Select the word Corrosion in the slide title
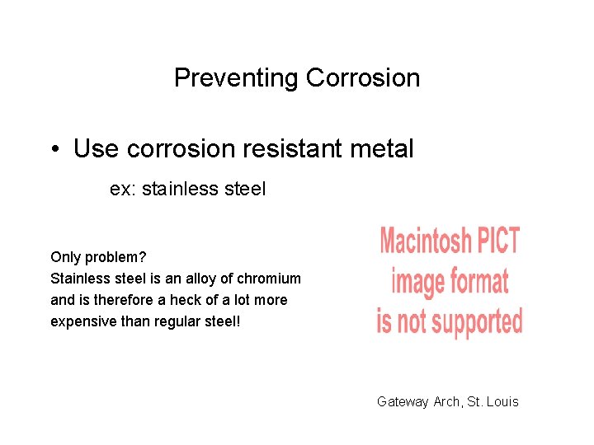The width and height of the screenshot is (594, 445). click(363, 78)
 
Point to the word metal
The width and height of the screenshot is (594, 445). click(382, 149)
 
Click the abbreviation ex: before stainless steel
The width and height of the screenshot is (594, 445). click(122, 190)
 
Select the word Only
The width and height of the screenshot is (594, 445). click(64, 257)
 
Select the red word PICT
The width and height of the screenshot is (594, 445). click(499, 241)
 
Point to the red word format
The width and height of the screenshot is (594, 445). click(479, 281)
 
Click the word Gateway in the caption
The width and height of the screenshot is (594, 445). click(403, 401)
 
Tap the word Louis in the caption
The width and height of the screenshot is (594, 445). click(503, 401)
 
